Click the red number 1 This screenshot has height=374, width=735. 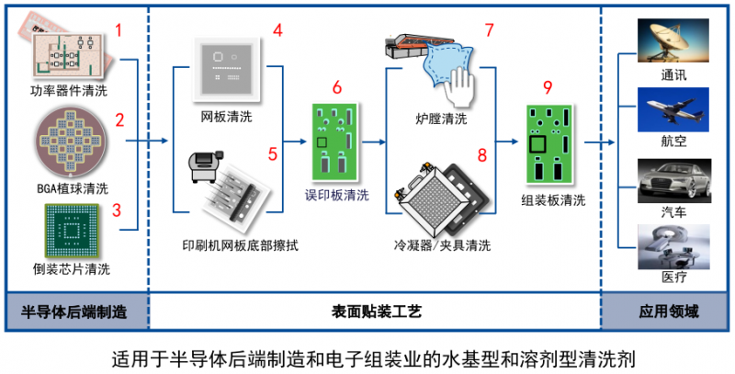(x=118, y=30)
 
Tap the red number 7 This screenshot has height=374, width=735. (x=490, y=30)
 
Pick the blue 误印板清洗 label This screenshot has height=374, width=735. (x=337, y=195)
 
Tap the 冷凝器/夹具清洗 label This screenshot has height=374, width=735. (x=439, y=245)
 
